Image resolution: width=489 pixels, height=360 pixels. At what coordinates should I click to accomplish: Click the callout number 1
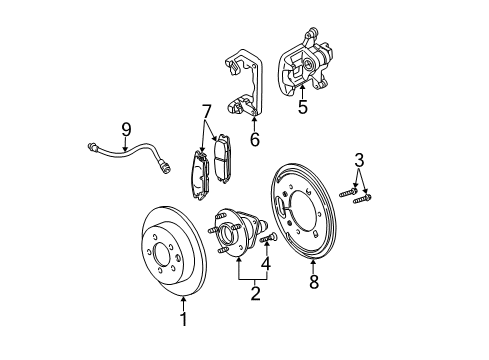point(183,320)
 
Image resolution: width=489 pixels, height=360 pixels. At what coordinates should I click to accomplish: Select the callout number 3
point(359,159)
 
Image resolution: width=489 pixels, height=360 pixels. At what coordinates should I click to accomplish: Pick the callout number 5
point(303,107)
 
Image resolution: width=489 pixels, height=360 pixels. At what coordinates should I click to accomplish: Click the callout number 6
point(254,140)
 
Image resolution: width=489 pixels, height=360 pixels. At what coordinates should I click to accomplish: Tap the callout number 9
point(126,128)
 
